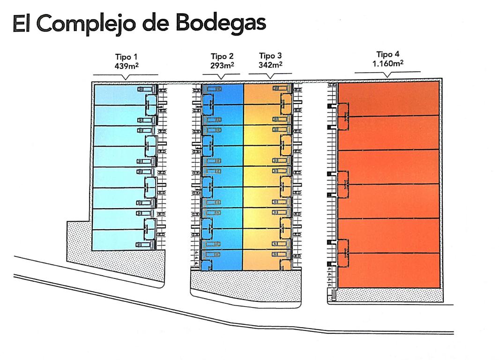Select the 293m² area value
point(222,66)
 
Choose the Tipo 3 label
point(270,56)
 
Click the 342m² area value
point(270,65)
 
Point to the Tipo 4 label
point(388,54)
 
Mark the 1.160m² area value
point(388,63)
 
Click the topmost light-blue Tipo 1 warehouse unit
point(117,94)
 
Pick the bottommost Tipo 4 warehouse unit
point(389,270)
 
